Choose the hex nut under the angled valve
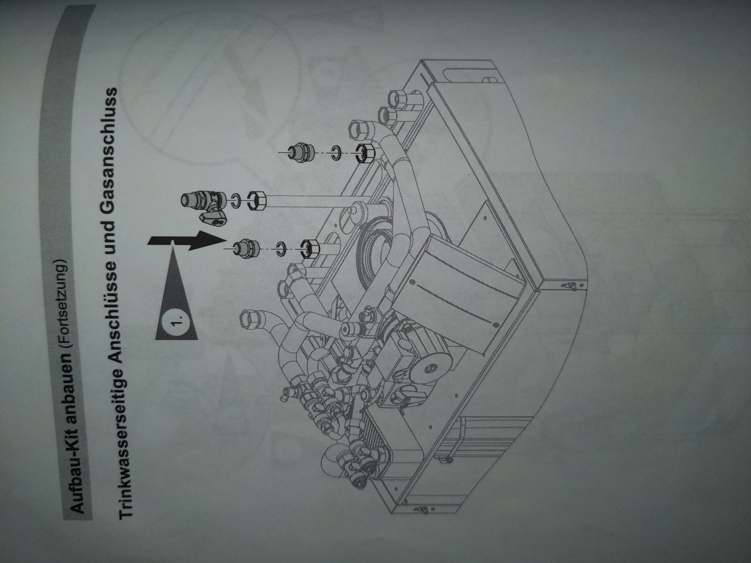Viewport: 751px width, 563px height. coord(256,202)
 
